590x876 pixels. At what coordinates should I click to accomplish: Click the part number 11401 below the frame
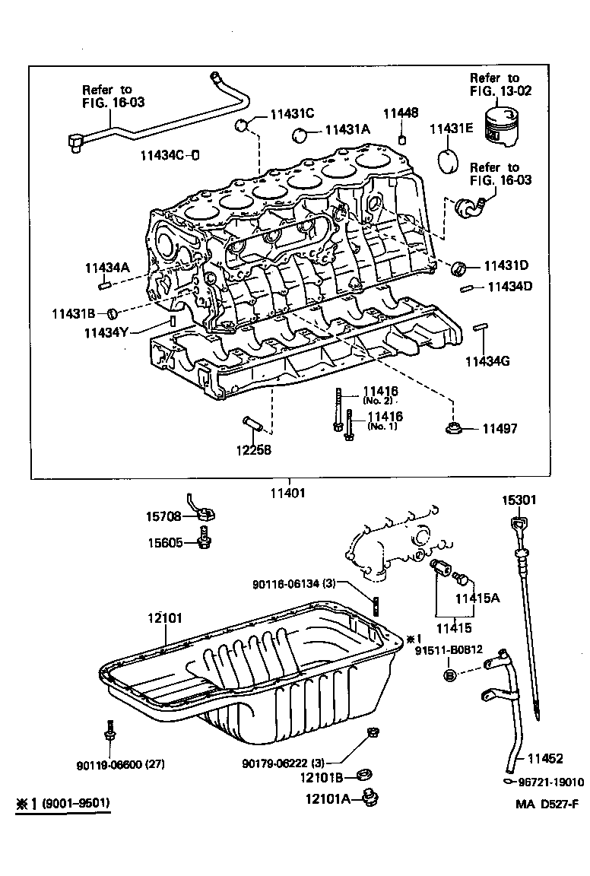pyautogui.click(x=287, y=492)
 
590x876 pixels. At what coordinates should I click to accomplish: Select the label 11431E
pyautogui.click(x=452, y=129)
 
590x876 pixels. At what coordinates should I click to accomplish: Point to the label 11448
pyautogui.click(x=400, y=113)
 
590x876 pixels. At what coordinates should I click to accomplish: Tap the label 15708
pyautogui.click(x=163, y=516)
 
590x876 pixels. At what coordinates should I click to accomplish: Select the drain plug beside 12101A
pyautogui.click(x=371, y=798)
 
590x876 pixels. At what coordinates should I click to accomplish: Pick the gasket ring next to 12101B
pyautogui.click(x=366, y=776)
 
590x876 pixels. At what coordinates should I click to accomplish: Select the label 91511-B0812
pyautogui.click(x=450, y=650)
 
